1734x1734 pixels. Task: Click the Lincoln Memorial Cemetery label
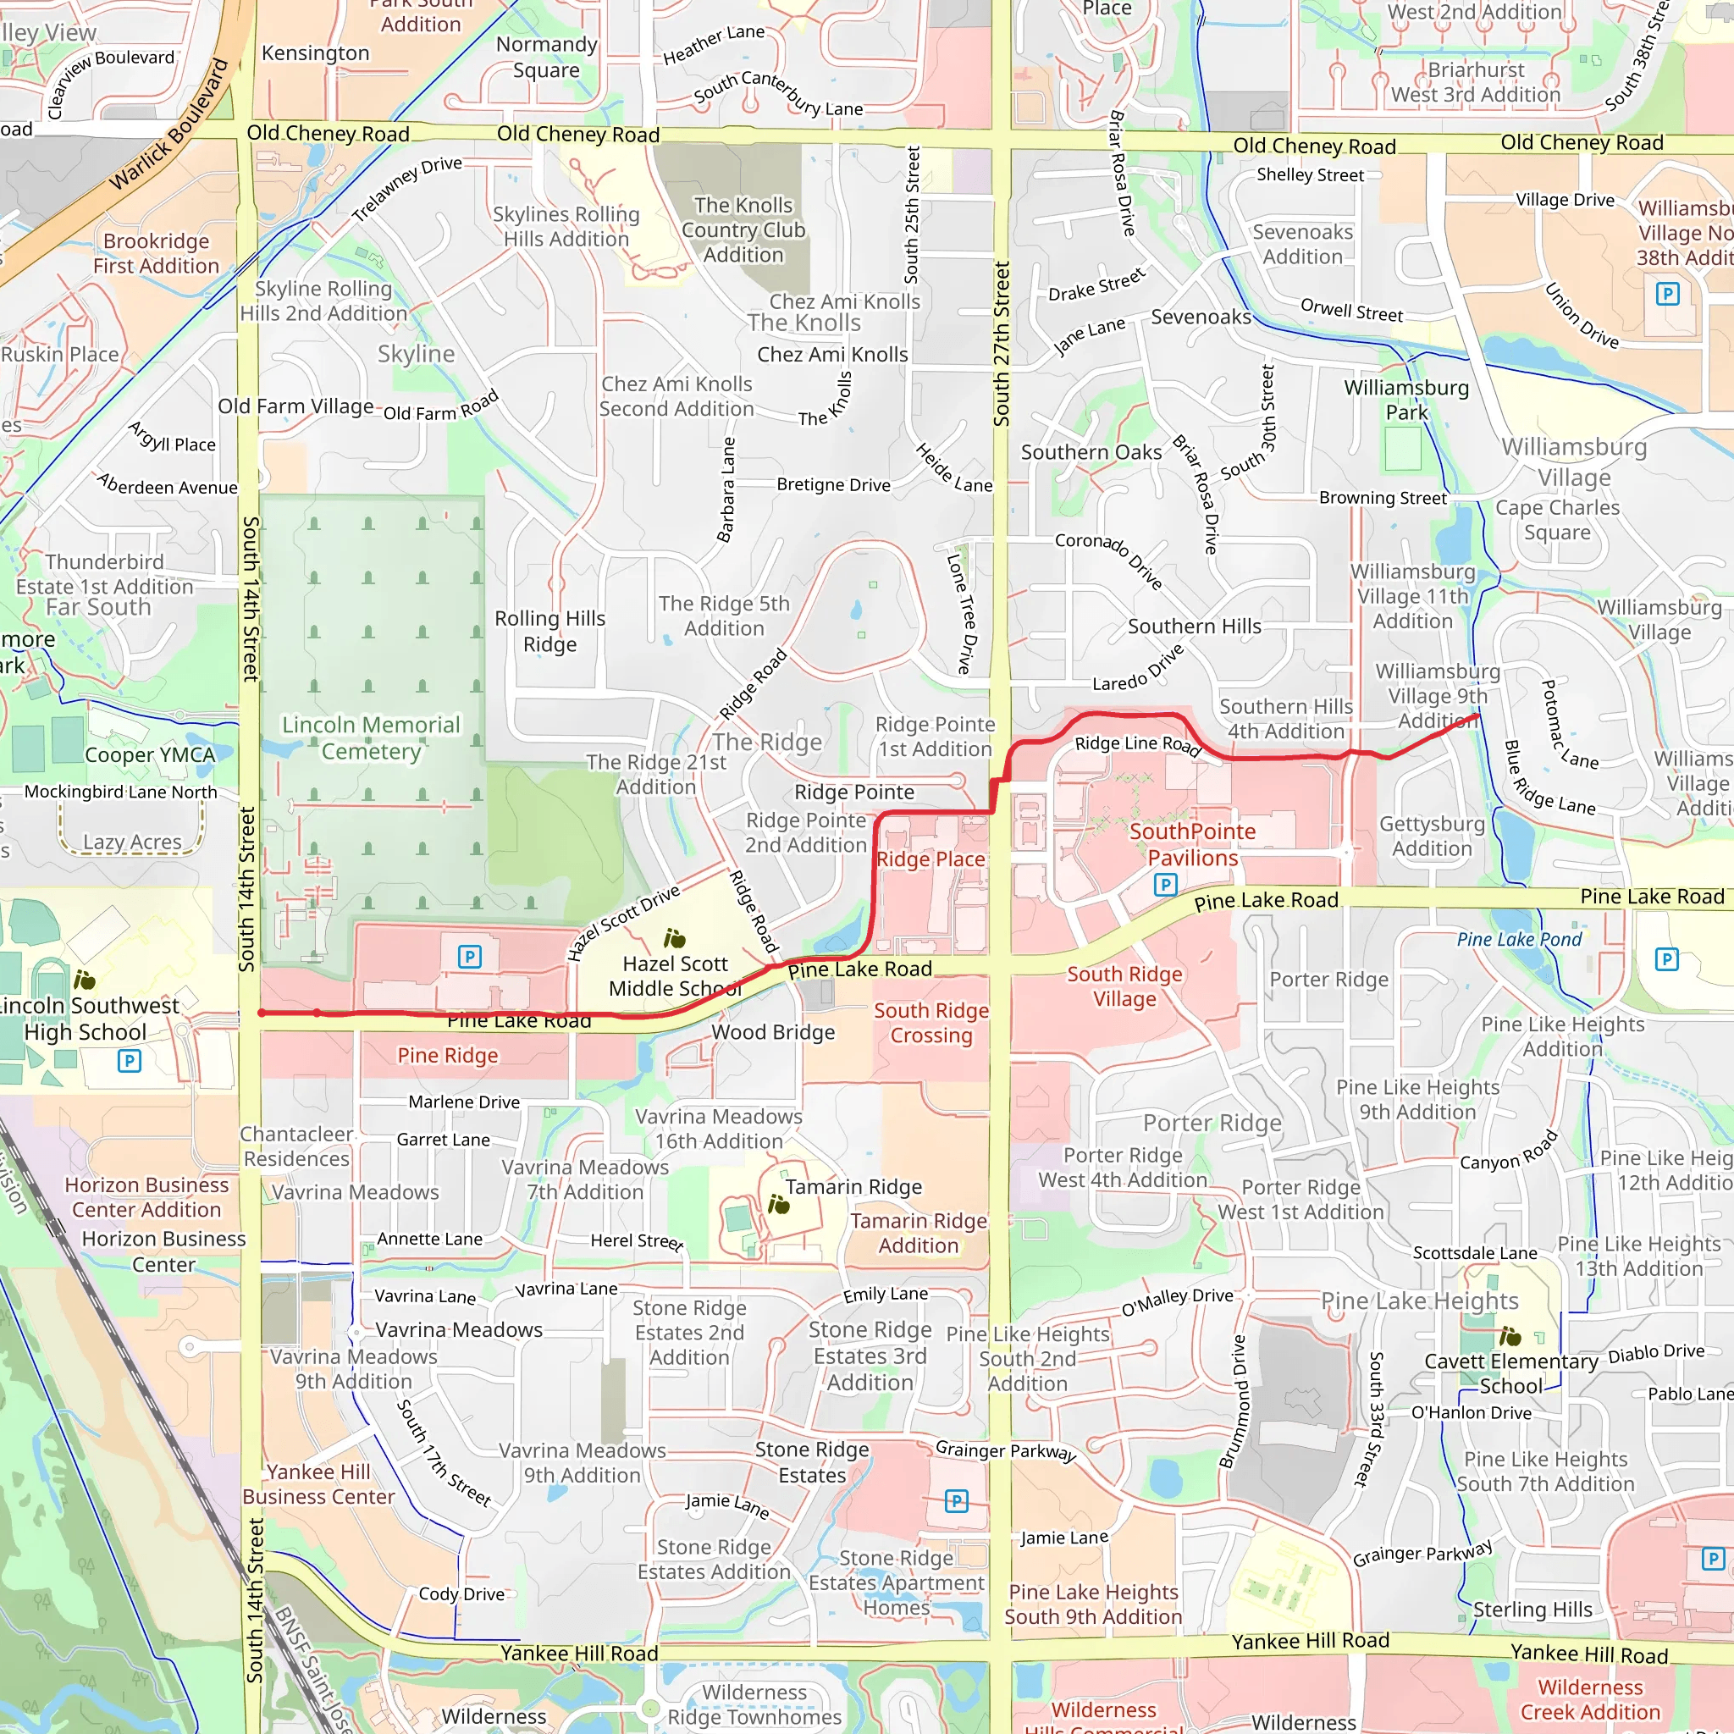point(371,737)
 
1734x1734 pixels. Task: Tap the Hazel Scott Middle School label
point(675,975)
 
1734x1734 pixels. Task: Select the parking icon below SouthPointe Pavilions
point(1164,885)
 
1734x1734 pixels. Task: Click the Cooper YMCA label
point(150,754)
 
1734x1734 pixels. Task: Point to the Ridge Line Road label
point(1137,744)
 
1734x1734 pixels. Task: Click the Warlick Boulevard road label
point(169,124)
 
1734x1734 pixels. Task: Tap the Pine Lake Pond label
point(1519,939)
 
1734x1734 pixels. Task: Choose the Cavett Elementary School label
point(1510,1373)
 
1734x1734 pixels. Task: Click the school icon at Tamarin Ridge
point(778,1205)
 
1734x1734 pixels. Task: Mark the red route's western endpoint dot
point(261,1013)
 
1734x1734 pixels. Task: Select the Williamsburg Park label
point(1405,400)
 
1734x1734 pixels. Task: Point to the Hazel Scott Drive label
point(623,923)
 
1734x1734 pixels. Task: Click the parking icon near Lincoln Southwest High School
point(130,1061)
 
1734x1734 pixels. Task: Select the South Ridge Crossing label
point(931,1022)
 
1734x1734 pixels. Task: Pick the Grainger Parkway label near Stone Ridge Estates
point(1005,1450)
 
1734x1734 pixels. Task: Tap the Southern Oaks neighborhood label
point(1091,452)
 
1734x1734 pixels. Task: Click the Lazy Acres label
point(132,842)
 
